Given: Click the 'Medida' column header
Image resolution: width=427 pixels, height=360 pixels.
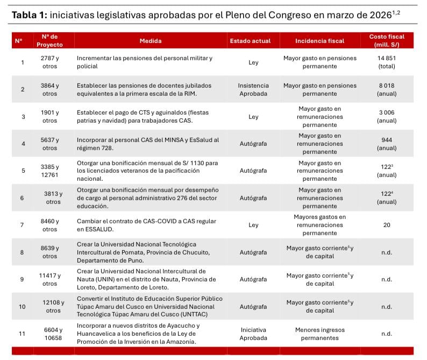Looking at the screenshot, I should click(150, 41).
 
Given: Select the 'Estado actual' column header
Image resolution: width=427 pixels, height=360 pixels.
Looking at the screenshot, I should click(250, 41).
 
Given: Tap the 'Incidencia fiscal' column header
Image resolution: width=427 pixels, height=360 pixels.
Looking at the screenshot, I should click(319, 41).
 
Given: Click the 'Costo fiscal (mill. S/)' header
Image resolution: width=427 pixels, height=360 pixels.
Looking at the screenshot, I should click(387, 40).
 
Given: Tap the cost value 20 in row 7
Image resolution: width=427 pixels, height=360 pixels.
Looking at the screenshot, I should click(387, 225).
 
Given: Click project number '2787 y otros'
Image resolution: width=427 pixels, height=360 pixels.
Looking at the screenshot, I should click(49, 62).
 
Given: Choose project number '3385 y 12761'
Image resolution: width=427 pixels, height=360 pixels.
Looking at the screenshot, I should click(49, 171).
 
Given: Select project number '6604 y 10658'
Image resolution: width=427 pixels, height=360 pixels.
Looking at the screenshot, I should click(49, 334).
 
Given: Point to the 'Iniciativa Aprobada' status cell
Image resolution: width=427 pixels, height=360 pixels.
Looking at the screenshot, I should click(253, 334).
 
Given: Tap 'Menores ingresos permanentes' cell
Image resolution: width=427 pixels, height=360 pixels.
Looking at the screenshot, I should click(319, 334).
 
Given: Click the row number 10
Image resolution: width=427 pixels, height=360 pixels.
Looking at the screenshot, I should click(22, 307).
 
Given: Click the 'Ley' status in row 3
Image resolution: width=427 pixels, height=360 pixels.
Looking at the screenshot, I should click(253, 116).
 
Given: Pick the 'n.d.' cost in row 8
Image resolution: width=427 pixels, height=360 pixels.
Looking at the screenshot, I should click(387, 252).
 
